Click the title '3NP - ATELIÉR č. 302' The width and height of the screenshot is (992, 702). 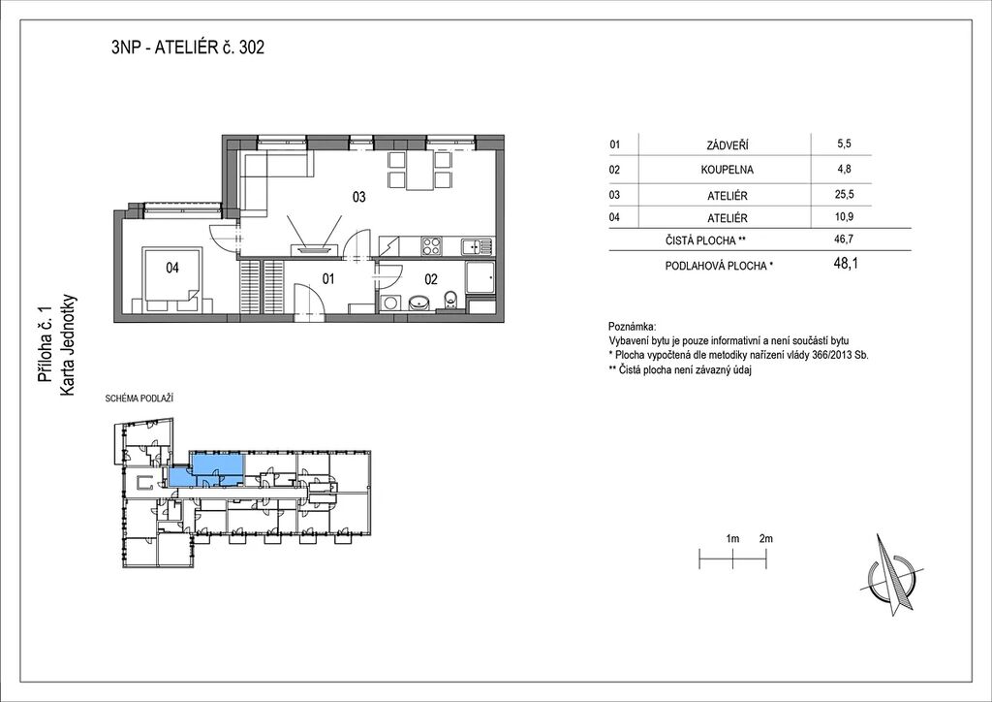tap(187, 48)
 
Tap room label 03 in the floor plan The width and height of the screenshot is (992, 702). tap(358, 197)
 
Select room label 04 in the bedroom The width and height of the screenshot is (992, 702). tap(172, 268)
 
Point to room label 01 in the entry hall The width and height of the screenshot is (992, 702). tap(327, 278)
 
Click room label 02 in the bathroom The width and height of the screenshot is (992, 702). tap(431, 279)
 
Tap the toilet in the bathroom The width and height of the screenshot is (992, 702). tap(449, 301)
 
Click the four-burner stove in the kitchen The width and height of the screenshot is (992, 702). tap(432, 245)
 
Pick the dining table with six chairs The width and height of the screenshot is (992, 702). tap(419, 171)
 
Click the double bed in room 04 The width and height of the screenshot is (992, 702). tap(171, 281)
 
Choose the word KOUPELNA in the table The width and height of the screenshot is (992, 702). tap(727, 170)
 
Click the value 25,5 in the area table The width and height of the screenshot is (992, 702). tap(844, 194)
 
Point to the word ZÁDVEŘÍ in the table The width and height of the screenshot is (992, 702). tap(727, 145)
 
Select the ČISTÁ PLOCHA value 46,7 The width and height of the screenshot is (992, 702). tap(844, 239)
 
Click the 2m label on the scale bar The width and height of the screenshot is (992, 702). tap(765, 539)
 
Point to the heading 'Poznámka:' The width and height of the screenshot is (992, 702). tap(632, 328)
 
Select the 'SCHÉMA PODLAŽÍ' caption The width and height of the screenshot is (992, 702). tap(139, 399)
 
